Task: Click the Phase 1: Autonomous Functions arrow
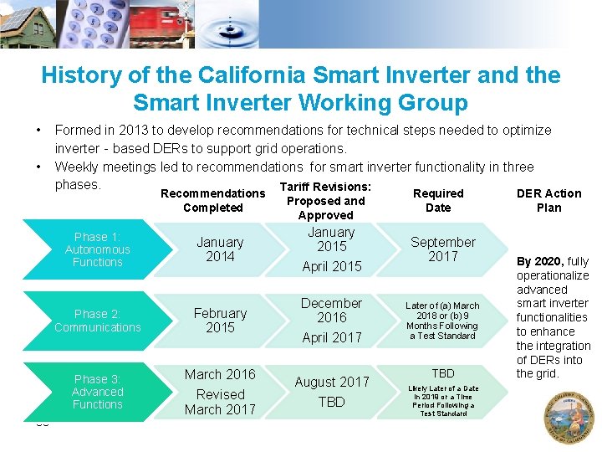(x=98, y=249)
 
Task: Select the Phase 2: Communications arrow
(x=98, y=321)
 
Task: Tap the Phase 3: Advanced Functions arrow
(x=97, y=392)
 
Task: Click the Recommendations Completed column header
(x=212, y=200)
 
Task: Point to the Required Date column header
(x=438, y=200)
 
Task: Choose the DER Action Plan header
(x=548, y=200)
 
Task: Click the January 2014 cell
(x=220, y=249)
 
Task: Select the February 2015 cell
(x=220, y=321)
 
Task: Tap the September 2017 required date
(x=442, y=249)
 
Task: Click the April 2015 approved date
(x=332, y=266)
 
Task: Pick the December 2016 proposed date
(x=331, y=310)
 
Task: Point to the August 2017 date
(x=332, y=382)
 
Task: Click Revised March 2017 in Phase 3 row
(x=220, y=402)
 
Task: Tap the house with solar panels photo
(x=28, y=23)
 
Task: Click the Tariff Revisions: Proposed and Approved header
(x=325, y=201)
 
